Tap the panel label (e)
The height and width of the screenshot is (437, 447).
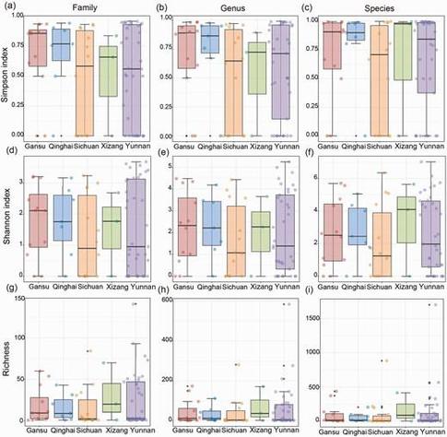click(159, 151)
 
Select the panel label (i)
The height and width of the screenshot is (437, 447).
click(308, 294)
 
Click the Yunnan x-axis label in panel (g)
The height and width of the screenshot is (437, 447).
click(136, 429)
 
